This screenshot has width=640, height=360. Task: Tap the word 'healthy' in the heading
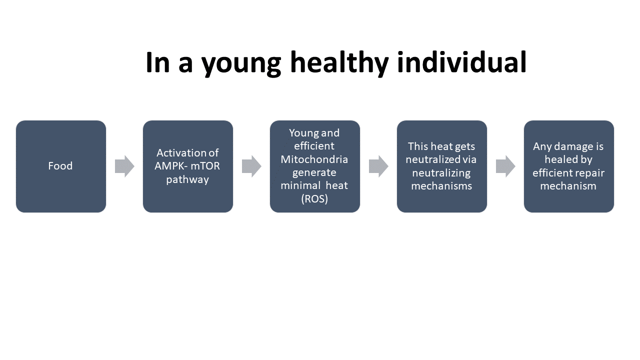pyautogui.click(x=339, y=63)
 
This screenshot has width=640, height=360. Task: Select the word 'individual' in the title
pyautogui.click(x=461, y=61)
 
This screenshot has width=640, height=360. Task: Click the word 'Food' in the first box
pyautogui.click(x=60, y=165)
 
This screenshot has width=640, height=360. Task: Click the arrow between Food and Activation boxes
pyautogui.click(x=124, y=166)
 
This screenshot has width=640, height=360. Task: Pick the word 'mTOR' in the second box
pyautogui.click(x=205, y=165)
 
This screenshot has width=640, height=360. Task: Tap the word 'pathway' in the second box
pyautogui.click(x=187, y=179)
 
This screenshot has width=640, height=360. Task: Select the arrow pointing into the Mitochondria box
pyautogui.click(x=251, y=166)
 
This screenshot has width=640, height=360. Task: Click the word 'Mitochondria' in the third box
pyautogui.click(x=314, y=159)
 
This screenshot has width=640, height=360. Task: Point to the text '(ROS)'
pyautogui.click(x=314, y=198)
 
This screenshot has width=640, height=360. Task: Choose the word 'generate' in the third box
pyautogui.click(x=314, y=173)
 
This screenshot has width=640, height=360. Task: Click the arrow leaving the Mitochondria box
pyautogui.click(x=378, y=166)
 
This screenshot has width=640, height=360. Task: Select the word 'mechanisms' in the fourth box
pyautogui.click(x=441, y=185)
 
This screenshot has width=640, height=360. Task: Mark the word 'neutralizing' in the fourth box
pyautogui.click(x=441, y=173)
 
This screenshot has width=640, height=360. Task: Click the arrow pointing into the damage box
pyautogui.click(x=505, y=166)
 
